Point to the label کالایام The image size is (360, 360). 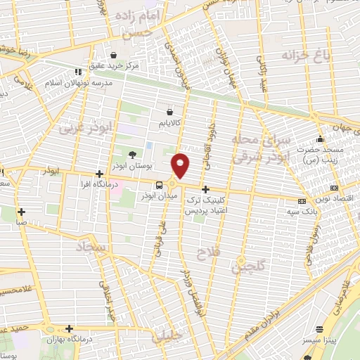click(x=171, y=122)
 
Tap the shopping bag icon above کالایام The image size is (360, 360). click(x=170, y=111)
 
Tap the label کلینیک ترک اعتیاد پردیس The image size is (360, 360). click(x=205, y=205)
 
